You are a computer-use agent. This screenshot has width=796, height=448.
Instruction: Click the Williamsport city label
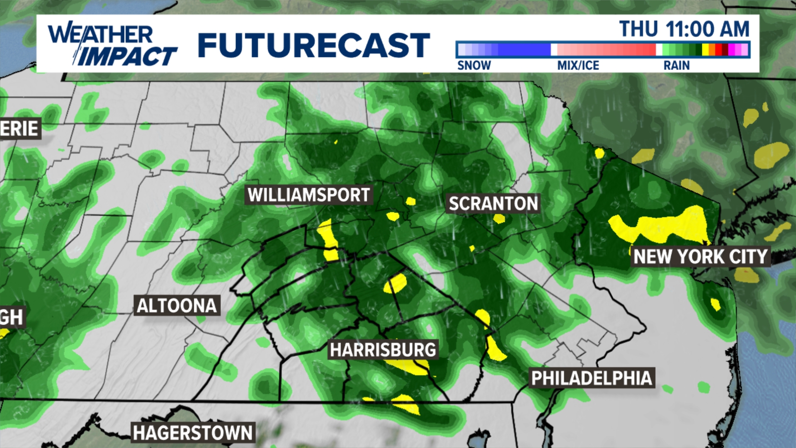pyautogui.click(x=308, y=195)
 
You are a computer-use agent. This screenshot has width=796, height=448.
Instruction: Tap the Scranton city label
pyautogui.click(x=493, y=204)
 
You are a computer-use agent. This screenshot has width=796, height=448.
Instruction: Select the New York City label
pyautogui.click(x=700, y=256)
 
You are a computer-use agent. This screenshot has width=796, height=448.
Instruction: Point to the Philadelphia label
pyautogui.click(x=592, y=378)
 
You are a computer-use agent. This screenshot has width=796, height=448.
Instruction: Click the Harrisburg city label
pyautogui.click(x=383, y=350)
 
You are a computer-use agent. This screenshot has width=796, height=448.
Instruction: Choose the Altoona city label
pyautogui.click(x=177, y=306)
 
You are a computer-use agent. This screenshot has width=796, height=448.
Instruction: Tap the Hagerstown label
pyautogui.click(x=193, y=433)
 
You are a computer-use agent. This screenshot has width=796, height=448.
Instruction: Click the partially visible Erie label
pyautogui.click(x=19, y=129)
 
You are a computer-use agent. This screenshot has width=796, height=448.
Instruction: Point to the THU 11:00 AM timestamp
pyautogui.click(x=684, y=29)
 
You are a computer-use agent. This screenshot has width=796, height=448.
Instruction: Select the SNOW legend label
pyautogui.click(x=474, y=66)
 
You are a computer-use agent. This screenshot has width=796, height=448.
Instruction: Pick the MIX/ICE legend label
pyautogui.click(x=578, y=66)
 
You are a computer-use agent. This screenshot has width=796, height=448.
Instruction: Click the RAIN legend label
pyautogui.click(x=676, y=66)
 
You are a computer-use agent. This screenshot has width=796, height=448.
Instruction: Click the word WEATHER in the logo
pyautogui.click(x=101, y=34)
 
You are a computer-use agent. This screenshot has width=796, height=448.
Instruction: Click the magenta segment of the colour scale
pyautogui.click(x=732, y=50)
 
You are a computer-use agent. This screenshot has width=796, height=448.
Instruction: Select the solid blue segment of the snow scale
pyautogui.click(x=524, y=50)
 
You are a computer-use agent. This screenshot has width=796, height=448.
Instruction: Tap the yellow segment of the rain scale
pyautogui.click(x=705, y=50)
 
